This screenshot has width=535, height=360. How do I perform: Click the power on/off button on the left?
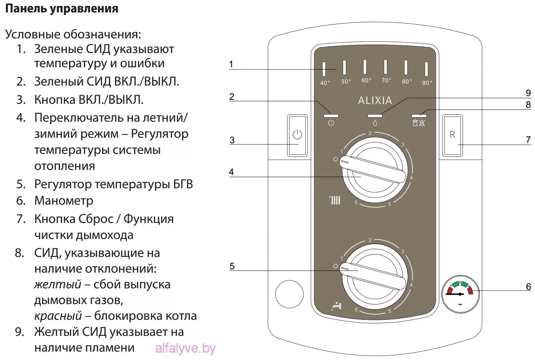tap(297, 136)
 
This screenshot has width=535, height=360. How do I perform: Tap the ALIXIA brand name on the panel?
tap(375, 101)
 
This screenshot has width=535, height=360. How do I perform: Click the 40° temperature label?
tap(325, 83)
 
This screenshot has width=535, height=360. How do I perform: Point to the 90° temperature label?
tap(427, 83)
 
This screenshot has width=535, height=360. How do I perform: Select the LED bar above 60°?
tap(365, 67)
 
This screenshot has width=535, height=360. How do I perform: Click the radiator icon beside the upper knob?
tap(335, 200)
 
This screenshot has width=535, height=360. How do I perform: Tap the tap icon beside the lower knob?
tap(336, 306)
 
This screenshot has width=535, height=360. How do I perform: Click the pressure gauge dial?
tap(460, 293)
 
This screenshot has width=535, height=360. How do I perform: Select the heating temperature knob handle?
tap(373, 170)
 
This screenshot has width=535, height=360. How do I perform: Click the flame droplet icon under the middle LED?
tap(375, 123)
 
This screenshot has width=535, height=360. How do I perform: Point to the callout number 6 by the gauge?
tap(528, 287)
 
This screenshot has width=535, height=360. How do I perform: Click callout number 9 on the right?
tap(528, 93)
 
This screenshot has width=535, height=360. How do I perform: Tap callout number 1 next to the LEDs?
tap(231, 65)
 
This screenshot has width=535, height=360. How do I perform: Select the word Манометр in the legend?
tap(64, 201)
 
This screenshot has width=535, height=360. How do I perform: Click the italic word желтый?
tap(58, 284)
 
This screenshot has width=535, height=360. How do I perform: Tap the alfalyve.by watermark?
tap(185, 349)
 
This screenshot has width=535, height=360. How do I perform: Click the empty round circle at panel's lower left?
tap(289, 294)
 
